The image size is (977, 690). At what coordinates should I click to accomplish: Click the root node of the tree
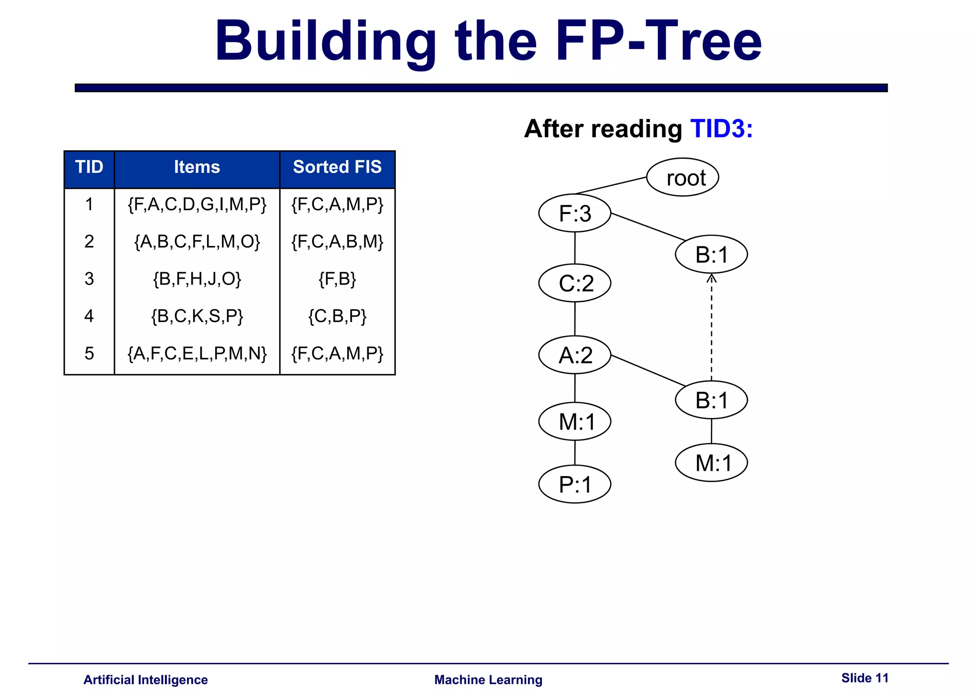[x=683, y=177]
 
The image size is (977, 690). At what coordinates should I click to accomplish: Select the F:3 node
[x=575, y=213]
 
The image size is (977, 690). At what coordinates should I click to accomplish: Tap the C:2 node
[x=575, y=283]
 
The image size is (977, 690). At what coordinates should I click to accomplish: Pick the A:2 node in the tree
[x=575, y=355]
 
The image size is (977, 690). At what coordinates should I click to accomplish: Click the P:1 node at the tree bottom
[x=575, y=484]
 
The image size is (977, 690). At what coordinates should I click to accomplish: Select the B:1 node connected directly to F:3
[x=711, y=254]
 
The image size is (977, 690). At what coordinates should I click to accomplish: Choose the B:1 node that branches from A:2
[x=711, y=400]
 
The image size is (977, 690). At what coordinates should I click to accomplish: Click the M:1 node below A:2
[x=575, y=422]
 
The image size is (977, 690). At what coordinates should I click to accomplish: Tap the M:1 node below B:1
[x=711, y=463]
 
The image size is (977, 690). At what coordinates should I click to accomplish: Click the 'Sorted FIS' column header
[x=337, y=167]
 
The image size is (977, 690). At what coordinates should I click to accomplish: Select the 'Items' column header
[x=197, y=167]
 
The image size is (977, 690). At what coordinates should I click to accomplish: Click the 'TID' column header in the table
[x=89, y=167]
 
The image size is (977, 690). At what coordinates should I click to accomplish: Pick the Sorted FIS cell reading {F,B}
[x=337, y=279]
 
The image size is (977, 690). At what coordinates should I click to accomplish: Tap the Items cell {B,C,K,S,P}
[x=197, y=316]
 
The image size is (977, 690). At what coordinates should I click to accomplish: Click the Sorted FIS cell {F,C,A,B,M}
[x=337, y=242]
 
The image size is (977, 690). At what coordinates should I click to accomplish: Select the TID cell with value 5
[x=89, y=353]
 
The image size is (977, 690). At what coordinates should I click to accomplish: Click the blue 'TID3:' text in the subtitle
[x=721, y=129]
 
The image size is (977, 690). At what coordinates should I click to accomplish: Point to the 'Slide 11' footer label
[x=865, y=678]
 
